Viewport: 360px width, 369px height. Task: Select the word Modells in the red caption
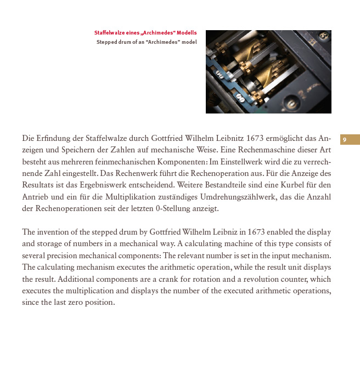(x=185, y=33)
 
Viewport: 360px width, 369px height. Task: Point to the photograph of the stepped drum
(x=268, y=72)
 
